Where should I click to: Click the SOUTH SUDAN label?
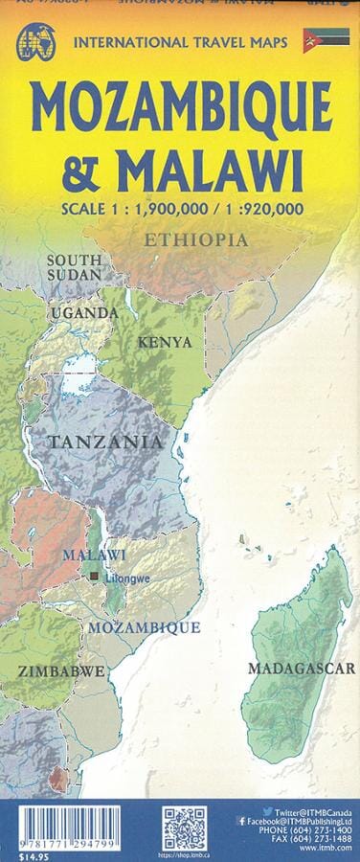tap(74, 268)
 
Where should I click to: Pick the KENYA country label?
tap(166, 342)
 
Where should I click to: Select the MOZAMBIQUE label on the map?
tap(144, 627)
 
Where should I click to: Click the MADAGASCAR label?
tap(301, 669)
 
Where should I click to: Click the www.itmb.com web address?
tap(327, 851)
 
